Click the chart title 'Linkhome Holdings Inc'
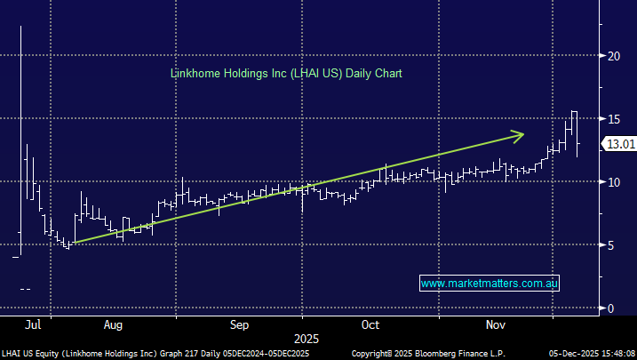[227, 73]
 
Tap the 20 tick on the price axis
[612, 55]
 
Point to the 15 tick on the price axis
[612, 118]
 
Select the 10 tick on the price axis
[612, 181]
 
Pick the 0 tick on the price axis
[609, 308]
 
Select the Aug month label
[114, 325]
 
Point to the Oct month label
[371, 325]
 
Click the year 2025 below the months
[307, 339]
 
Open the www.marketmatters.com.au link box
[489, 283]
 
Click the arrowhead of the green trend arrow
[522, 134]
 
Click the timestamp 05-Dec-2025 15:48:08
[591, 353]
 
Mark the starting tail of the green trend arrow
[73, 243]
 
